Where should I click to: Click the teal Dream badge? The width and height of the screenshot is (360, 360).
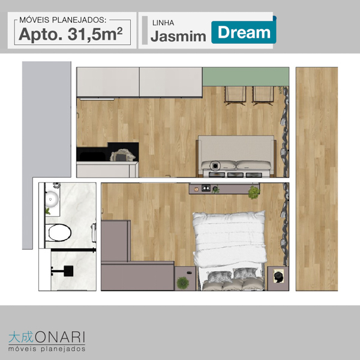click(x=244, y=32)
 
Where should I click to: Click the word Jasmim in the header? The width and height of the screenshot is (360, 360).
click(x=178, y=36)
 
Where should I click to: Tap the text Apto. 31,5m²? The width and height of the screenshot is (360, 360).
click(x=71, y=34)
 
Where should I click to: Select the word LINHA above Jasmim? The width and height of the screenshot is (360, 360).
click(x=163, y=23)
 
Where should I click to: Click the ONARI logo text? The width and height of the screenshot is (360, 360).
click(x=60, y=337)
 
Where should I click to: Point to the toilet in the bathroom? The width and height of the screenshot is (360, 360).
click(x=58, y=233)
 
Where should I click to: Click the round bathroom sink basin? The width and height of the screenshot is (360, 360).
click(x=52, y=199)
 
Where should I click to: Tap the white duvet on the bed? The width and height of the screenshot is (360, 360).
click(x=230, y=239)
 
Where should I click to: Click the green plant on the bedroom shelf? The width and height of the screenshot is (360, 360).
click(x=254, y=192)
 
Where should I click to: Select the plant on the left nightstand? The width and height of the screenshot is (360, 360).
click(x=183, y=283)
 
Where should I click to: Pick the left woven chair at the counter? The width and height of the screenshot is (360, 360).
click(x=235, y=95)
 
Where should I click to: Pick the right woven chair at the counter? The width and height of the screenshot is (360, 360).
click(x=263, y=95)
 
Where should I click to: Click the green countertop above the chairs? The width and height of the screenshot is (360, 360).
click(x=245, y=77)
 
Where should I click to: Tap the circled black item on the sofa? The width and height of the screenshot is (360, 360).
click(x=215, y=165)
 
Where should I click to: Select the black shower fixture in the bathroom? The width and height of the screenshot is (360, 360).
click(x=65, y=271)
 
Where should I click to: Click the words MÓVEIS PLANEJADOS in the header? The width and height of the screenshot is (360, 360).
click(x=62, y=20)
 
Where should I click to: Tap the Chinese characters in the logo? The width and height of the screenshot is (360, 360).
click(x=21, y=337)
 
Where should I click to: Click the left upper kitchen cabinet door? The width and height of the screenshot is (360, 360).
click(x=108, y=82)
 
